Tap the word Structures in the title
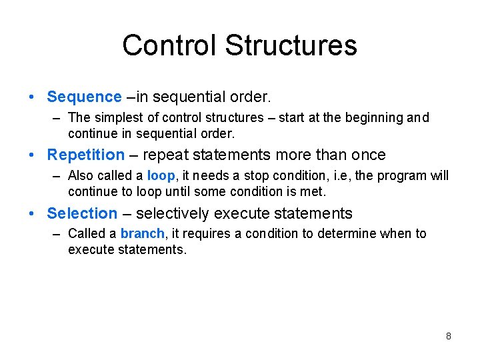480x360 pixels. pyautogui.click(x=291, y=45)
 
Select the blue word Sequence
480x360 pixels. pyautogui.click(x=84, y=97)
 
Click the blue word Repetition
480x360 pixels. pyautogui.click(x=85, y=155)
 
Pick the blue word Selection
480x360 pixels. pyautogui.click(x=82, y=213)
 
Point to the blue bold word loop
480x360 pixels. pyautogui.click(x=161, y=176)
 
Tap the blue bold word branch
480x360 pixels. pyautogui.click(x=142, y=234)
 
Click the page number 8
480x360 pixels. pyautogui.click(x=448, y=336)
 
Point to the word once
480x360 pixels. pyautogui.click(x=368, y=155)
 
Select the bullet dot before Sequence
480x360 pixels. pyautogui.click(x=33, y=97)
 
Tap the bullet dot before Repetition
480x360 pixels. pyautogui.click(x=33, y=155)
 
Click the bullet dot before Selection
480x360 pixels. pyautogui.click(x=33, y=214)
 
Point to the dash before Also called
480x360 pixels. pyautogui.click(x=57, y=176)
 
